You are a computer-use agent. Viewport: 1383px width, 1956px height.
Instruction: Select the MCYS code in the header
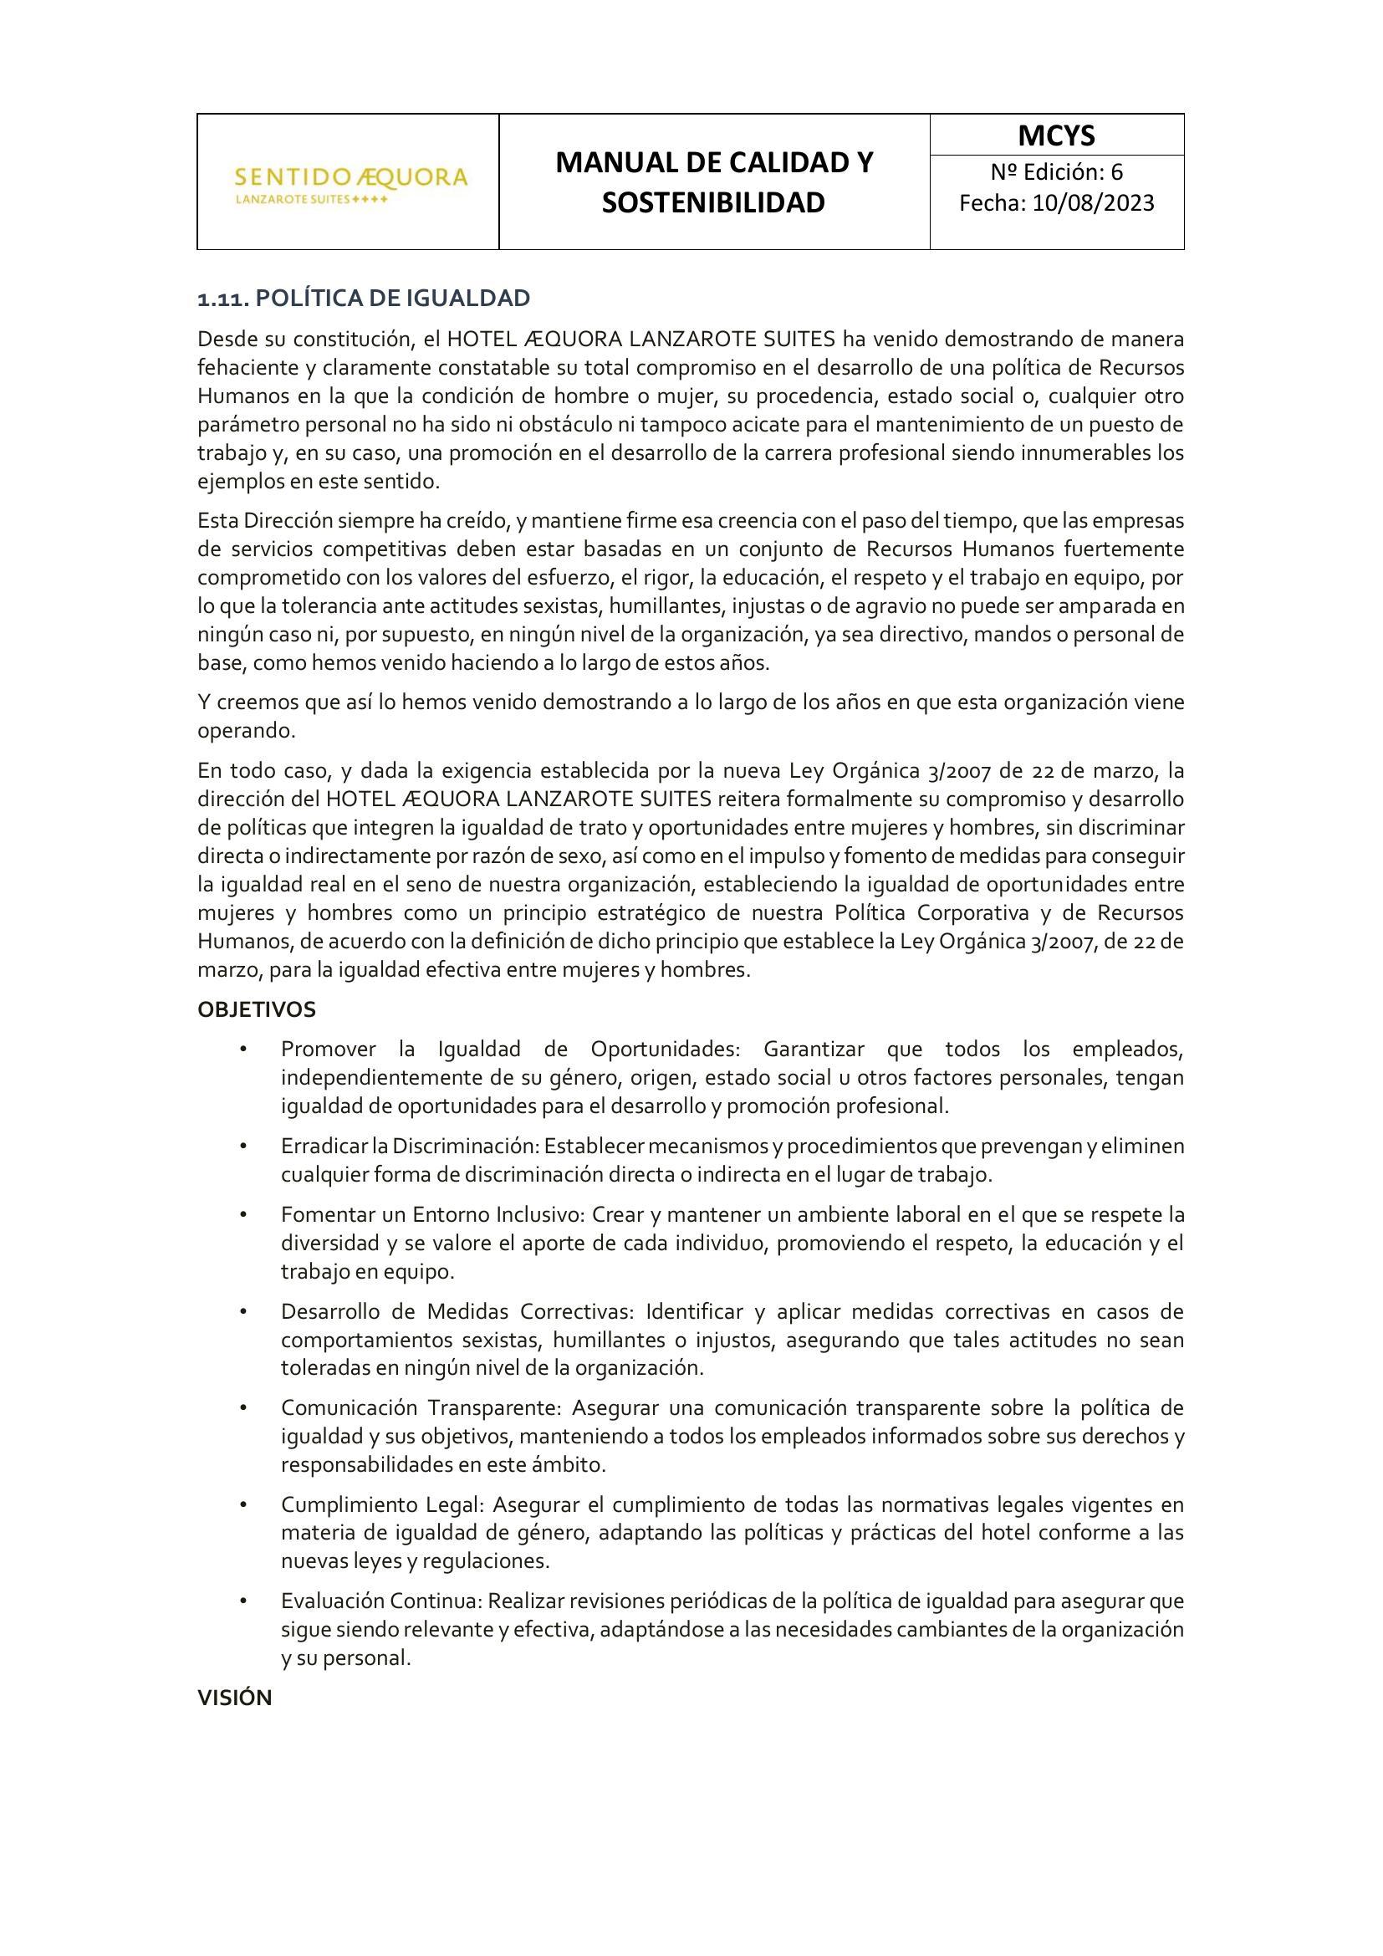click(1056, 135)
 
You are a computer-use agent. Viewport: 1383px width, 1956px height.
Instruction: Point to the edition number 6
click(1116, 172)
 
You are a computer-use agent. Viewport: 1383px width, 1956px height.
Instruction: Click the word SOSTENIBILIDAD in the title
click(713, 202)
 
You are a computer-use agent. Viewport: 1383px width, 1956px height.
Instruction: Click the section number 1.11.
click(223, 299)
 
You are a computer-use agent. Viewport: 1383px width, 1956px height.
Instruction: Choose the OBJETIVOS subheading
click(257, 1009)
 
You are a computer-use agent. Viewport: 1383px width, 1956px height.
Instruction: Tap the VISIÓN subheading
click(234, 1698)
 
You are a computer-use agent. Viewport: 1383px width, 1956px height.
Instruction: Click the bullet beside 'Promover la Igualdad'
click(243, 1049)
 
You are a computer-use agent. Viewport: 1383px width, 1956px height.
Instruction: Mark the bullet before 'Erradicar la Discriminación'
click(243, 1147)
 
